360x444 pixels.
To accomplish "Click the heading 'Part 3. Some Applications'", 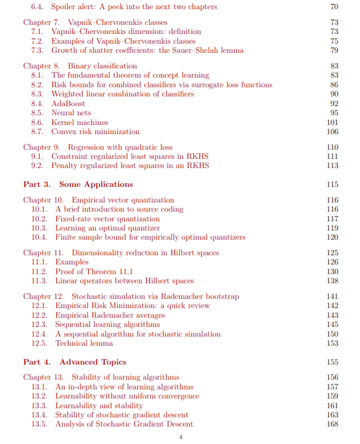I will coord(77,184).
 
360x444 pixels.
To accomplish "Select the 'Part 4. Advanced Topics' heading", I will coord(74,362).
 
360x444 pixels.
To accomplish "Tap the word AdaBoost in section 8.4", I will coord(68,103).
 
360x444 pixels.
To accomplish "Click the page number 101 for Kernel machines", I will coord(332,122).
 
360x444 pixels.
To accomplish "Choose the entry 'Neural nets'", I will coord(71,112).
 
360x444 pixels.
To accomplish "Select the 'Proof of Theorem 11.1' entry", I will coord(94,271).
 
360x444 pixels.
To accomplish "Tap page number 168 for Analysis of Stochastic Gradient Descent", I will coord(332,424).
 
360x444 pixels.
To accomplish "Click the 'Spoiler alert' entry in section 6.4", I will coord(134,6).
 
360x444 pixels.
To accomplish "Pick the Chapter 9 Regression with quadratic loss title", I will coord(98,147).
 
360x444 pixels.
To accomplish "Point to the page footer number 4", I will coord(180,436).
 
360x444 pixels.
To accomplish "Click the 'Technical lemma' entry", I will coord(84,343).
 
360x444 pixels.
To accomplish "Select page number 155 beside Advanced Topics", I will coord(332,362).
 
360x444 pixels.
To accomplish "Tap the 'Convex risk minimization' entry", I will coord(95,131).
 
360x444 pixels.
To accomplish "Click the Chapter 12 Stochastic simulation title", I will coord(131,296).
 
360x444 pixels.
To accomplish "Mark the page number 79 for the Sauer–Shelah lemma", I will coord(334,50).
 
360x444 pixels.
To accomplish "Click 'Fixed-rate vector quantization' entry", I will coord(108,219).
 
